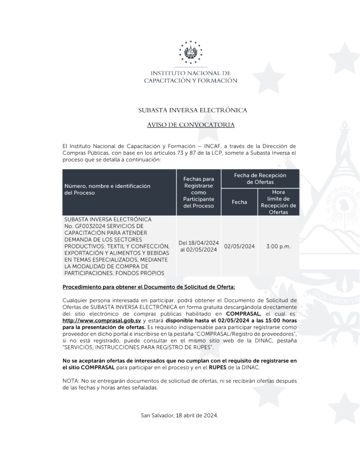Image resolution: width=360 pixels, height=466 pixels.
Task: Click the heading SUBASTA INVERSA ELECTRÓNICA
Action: coord(193,110)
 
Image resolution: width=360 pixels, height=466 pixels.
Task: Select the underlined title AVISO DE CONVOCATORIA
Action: coord(191,125)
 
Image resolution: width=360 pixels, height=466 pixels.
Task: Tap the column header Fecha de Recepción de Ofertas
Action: coord(260,178)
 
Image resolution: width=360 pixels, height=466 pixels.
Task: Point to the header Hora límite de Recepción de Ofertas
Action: coord(278,202)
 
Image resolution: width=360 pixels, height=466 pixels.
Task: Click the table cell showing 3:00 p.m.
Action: coord(278,246)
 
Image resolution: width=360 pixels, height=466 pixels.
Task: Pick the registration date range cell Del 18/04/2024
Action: coord(199,243)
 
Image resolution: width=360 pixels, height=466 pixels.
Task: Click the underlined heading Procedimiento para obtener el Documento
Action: coord(149,287)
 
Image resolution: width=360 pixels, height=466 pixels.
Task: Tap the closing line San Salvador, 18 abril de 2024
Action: coord(180,416)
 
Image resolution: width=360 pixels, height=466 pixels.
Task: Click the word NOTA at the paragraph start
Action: coord(70,380)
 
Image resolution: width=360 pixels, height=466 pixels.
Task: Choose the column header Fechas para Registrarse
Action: coord(198,192)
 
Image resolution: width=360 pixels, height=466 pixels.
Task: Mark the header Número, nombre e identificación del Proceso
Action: coord(107,189)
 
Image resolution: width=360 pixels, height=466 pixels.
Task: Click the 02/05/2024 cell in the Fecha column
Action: coord(239,246)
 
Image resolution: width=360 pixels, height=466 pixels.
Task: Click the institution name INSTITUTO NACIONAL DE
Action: coord(191,73)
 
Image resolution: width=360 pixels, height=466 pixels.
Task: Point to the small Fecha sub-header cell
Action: coord(239,202)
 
